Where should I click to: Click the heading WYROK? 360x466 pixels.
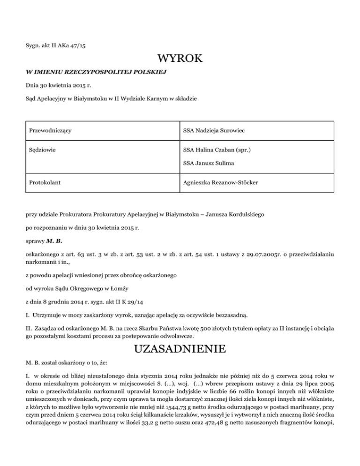180,60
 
